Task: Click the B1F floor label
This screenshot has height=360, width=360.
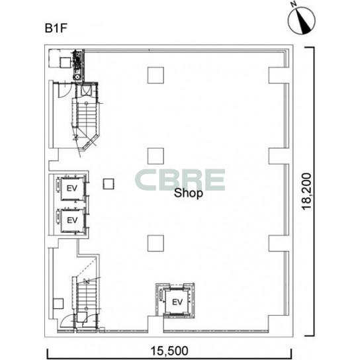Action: [56, 28]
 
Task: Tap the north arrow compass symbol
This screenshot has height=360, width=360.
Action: [302, 20]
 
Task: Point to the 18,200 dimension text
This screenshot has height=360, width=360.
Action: [307, 191]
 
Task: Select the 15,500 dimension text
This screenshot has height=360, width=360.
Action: [169, 351]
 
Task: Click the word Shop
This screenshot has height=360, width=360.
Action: [188, 193]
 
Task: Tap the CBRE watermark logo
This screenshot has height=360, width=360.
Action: [180, 180]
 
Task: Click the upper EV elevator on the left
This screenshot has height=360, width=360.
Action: [71, 188]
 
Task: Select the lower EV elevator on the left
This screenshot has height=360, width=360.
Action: [72, 220]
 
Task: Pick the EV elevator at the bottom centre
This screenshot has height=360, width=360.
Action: [177, 302]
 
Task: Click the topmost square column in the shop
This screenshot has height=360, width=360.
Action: [156, 75]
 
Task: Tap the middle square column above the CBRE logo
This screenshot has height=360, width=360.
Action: [156, 156]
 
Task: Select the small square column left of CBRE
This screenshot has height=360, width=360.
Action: [109, 184]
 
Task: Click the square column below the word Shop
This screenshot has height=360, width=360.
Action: [156, 243]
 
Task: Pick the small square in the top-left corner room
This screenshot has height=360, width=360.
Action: [66, 62]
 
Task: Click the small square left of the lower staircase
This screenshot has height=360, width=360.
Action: [58, 304]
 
